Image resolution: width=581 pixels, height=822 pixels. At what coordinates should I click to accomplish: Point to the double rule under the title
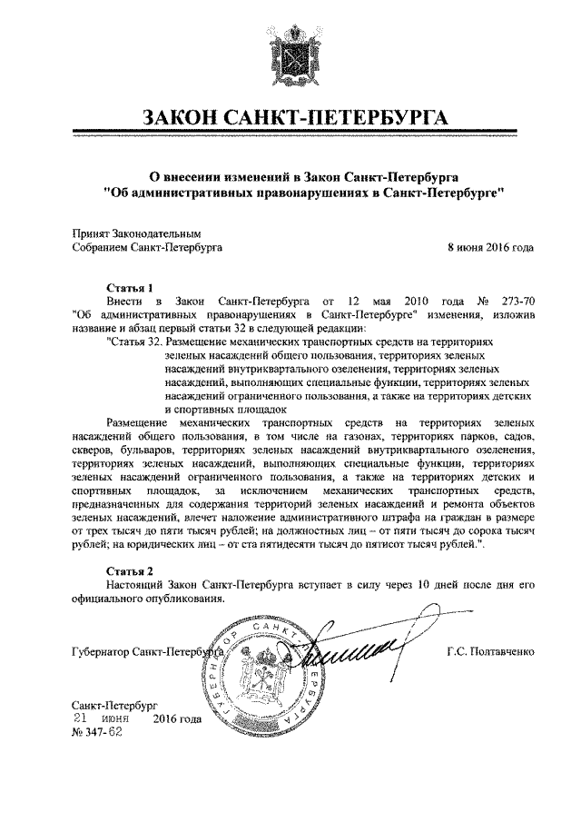coord(290,135)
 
